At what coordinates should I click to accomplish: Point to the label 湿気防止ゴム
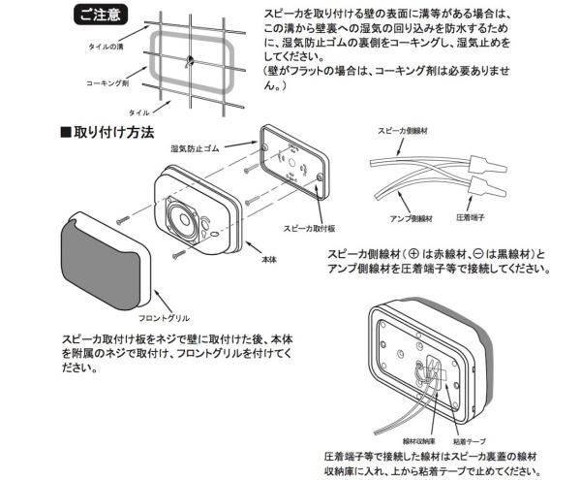tap(195, 148)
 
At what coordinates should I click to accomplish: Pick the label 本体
tap(272, 261)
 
